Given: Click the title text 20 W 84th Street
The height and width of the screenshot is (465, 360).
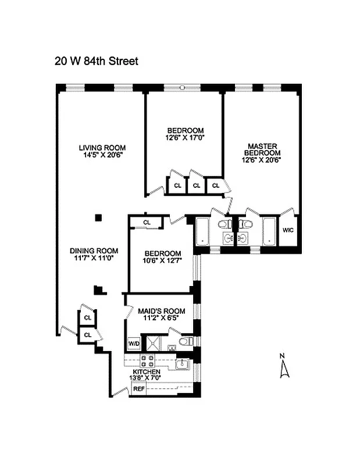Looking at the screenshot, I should (97, 61).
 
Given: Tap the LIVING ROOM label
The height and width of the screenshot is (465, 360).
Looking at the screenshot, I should (102, 148).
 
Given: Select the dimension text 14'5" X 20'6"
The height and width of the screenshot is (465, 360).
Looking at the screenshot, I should (102, 155).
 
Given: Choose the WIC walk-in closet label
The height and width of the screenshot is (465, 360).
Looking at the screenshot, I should (288, 230).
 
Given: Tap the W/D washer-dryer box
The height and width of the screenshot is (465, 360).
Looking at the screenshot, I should (133, 344).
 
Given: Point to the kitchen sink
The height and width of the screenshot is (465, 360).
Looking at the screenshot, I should (183, 364).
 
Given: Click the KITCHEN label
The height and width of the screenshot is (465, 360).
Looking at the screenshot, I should (147, 371).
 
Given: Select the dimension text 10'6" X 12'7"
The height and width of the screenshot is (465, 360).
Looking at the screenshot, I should (162, 261).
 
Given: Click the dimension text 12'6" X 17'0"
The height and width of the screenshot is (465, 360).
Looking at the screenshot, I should (186, 138).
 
